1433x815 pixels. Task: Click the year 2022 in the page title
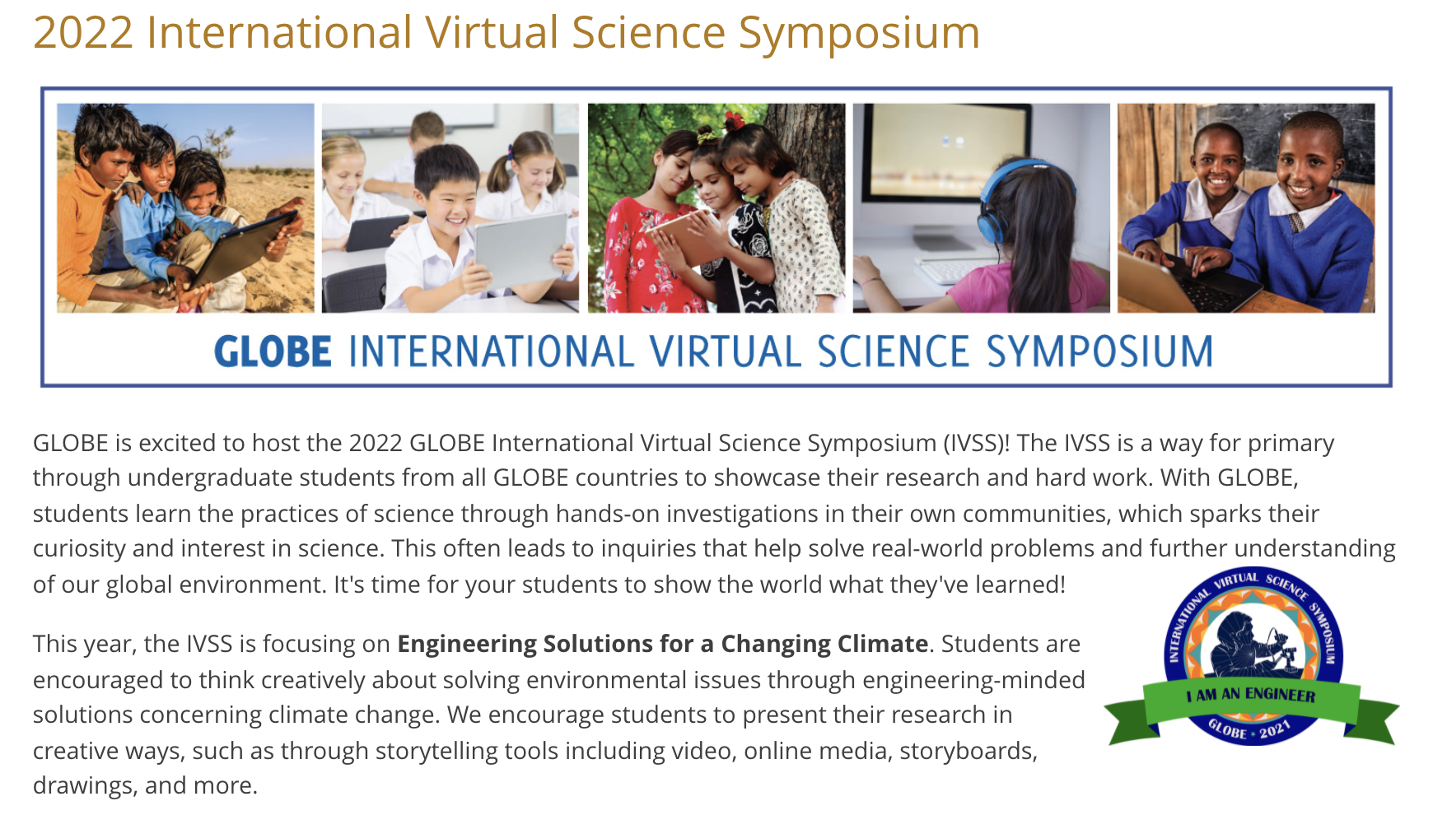click(x=83, y=33)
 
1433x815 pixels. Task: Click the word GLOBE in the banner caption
click(x=273, y=352)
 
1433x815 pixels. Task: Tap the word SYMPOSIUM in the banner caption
click(x=1099, y=352)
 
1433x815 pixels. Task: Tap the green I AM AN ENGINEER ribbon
click(x=1251, y=696)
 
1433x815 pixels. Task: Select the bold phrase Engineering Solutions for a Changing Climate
click(x=662, y=644)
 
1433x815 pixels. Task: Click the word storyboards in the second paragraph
click(x=967, y=751)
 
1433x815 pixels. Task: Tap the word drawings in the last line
click(x=83, y=785)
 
